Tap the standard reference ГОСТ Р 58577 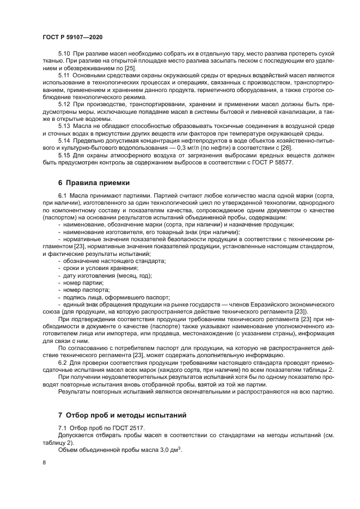pyautogui.click(x=279, y=162)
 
